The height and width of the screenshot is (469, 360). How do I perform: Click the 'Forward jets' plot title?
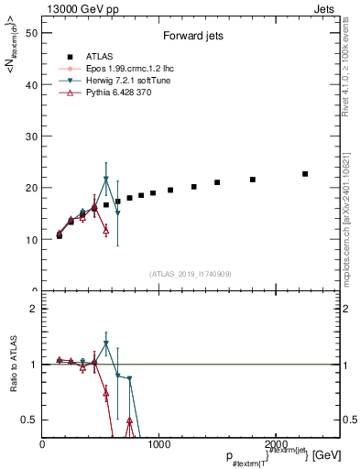[190, 38]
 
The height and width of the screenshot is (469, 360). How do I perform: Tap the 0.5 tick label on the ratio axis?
[27, 420]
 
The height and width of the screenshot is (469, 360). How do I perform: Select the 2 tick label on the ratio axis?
[32, 309]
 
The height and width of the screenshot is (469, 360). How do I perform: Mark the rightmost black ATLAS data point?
[305, 174]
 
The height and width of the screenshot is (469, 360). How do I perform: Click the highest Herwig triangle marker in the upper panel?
[106, 180]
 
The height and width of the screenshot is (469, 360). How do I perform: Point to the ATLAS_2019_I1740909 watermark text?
[190, 274]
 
